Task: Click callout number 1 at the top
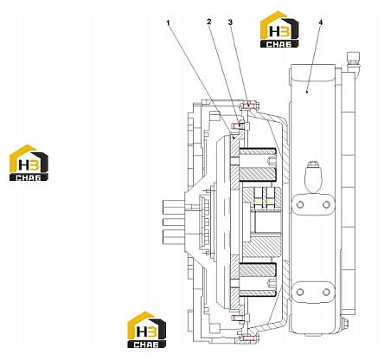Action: point(169,22)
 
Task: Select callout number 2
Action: point(209,22)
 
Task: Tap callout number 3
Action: point(230,22)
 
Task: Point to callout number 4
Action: point(321,22)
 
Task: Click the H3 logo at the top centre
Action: point(279,29)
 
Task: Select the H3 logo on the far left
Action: point(29,163)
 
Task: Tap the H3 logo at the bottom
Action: point(147,330)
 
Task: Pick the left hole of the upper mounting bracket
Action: point(300,204)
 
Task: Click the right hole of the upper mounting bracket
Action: point(326,204)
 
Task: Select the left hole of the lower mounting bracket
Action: point(300,292)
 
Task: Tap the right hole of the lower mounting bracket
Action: point(326,292)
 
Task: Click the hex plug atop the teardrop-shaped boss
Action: point(313,164)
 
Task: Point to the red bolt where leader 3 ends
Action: point(248,106)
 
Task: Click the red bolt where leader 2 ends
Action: point(238,125)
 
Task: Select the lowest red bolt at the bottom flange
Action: point(248,337)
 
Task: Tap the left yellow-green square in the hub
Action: point(259,201)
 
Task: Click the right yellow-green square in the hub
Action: point(271,201)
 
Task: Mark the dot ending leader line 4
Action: point(307,92)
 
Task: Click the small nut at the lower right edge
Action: point(344,323)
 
